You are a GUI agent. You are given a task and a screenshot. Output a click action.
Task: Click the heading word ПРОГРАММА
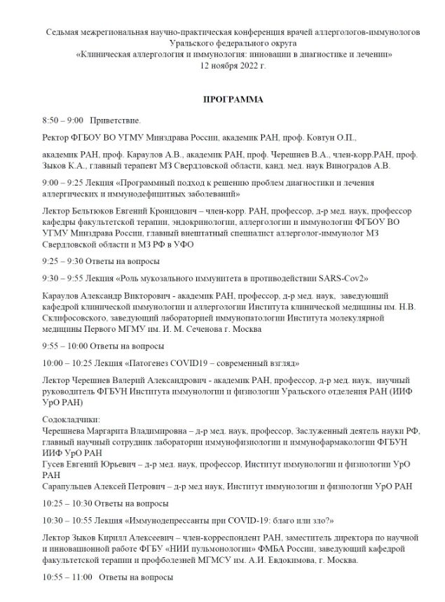(233, 100)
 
